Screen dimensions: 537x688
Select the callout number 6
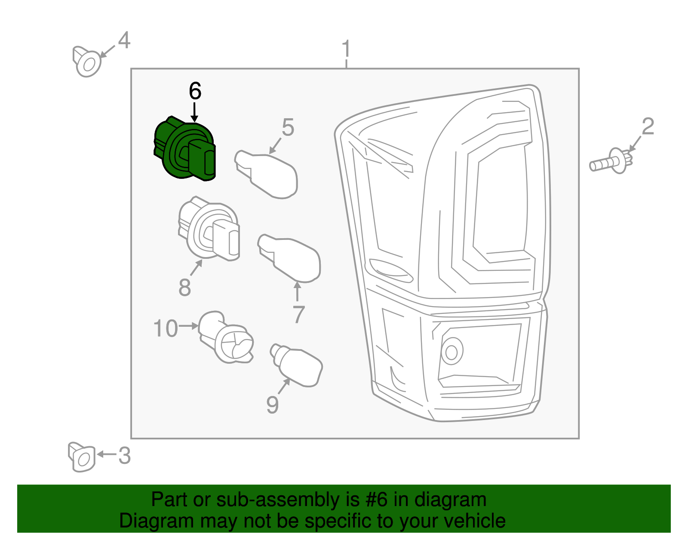pyautogui.click(x=195, y=91)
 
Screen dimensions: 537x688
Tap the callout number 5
pyautogui.click(x=288, y=128)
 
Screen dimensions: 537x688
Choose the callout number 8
pyautogui.click(x=184, y=287)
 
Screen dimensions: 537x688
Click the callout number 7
pyautogui.click(x=298, y=314)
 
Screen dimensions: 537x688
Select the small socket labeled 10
pyautogui.click(x=225, y=338)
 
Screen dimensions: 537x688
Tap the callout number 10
pyautogui.click(x=166, y=328)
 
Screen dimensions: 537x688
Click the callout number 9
pyautogui.click(x=272, y=405)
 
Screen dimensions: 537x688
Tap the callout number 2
pyautogui.click(x=648, y=126)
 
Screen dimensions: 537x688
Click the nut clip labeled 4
pyautogui.click(x=87, y=62)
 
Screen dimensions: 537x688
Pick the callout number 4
pyautogui.click(x=124, y=40)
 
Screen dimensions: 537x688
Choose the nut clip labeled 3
pyautogui.click(x=81, y=457)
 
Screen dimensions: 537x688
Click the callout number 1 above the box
pyautogui.click(x=346, y=49)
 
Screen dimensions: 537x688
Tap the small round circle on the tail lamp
pyautogui.click(x=451, y=352)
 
